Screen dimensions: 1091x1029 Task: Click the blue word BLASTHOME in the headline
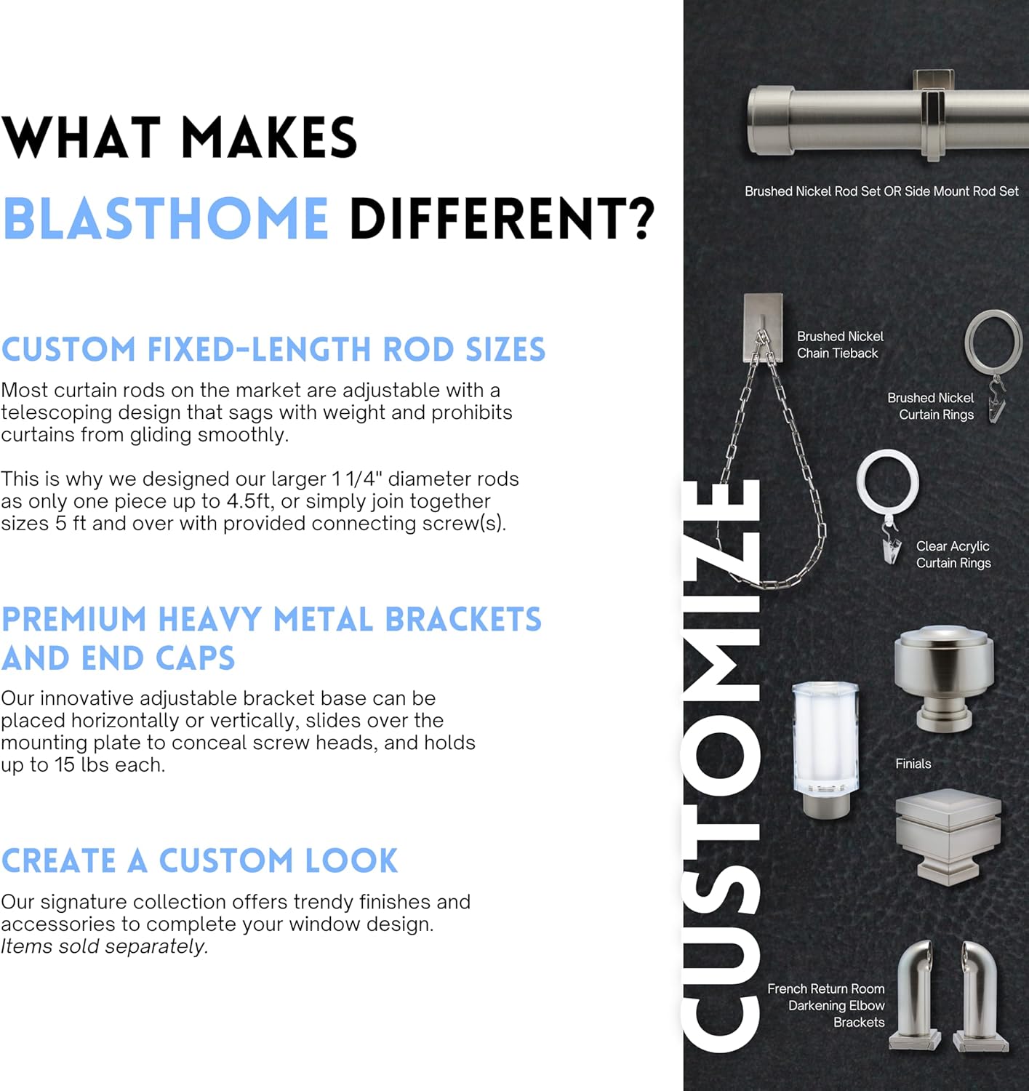coord(166,218)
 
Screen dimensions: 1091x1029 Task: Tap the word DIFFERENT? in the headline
coord(502,218)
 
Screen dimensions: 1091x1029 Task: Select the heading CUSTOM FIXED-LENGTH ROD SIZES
coord(273,350)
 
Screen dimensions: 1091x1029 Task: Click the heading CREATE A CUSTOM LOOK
coord(199,861)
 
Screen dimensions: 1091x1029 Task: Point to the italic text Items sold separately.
coord(104,946)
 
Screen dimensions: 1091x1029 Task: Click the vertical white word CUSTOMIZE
coord(720,764)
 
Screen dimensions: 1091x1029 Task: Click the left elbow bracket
coord(916,996)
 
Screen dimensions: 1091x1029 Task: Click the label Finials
coord(913,764)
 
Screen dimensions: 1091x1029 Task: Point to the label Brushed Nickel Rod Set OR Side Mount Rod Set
coord(881,191)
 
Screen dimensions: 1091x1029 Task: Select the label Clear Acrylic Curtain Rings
coord(953,554)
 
